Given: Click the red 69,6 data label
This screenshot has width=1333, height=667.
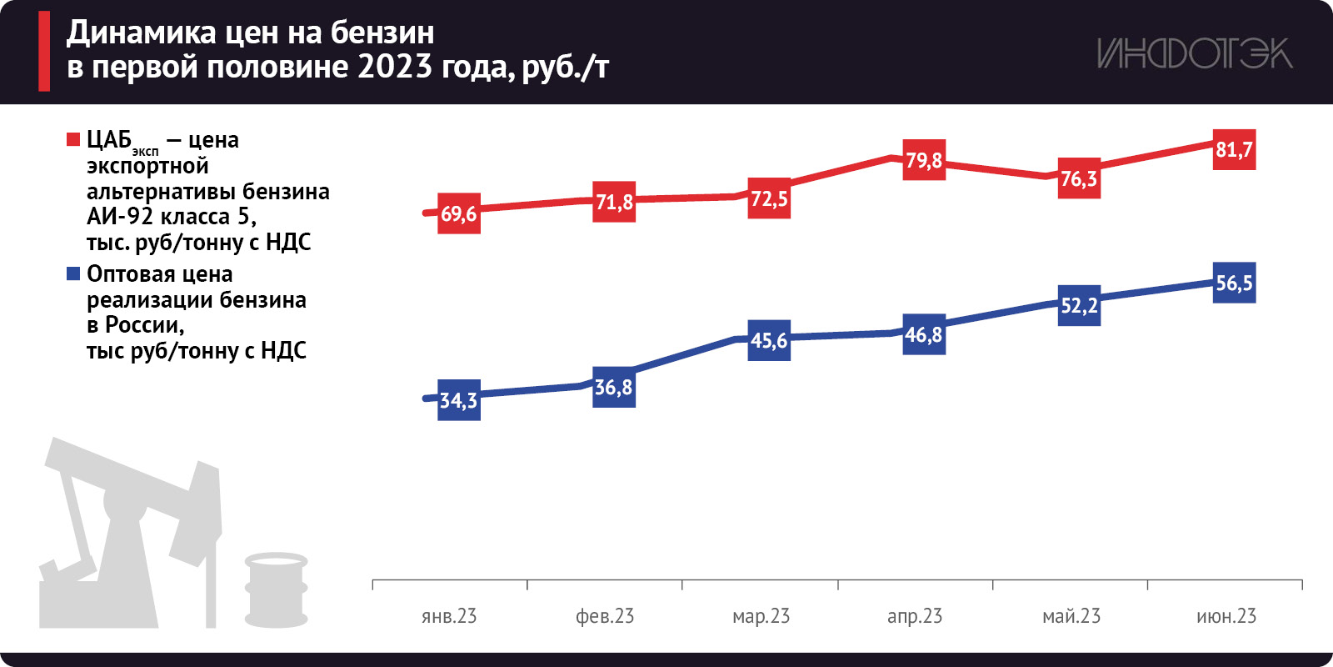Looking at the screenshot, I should [x=459, y=213].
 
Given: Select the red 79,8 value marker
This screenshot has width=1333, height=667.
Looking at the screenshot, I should [x=924, y=160].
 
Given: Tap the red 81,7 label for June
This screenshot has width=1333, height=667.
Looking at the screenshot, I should [x=1234, y=150].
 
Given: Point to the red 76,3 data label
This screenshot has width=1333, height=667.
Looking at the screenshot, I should [x=1079, y=178].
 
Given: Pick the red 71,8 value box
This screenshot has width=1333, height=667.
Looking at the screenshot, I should [x=614, y=202].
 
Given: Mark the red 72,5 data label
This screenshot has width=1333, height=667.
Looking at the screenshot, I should [x=769, y=198].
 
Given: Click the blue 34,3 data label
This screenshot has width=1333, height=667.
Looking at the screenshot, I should [x=459, y=400].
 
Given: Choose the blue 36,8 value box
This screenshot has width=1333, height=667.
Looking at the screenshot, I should [x=614, y=387].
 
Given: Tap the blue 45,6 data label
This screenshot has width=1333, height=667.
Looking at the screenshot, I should [x=769, y=340].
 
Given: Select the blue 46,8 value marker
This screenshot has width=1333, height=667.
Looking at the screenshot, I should [x=924, y=334].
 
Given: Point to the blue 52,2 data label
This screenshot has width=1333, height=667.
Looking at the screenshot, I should [x=1079, y=305].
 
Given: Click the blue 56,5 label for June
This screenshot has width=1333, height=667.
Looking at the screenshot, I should [x=1234, y=283].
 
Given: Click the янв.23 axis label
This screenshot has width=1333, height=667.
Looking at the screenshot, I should [x=449, y=616].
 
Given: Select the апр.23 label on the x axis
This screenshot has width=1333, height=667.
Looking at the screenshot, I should [x=915, y=616].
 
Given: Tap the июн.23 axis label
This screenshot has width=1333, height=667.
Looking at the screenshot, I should [x=1226, y=616].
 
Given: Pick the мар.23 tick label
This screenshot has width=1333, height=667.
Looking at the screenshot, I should [x=761, y=616].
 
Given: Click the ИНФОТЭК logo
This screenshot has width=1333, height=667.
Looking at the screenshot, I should [x=1194, y=53].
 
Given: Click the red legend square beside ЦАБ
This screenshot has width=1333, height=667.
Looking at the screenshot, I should [x=73, y=139].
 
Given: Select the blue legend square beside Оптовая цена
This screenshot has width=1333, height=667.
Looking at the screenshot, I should [x=73, y=273].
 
